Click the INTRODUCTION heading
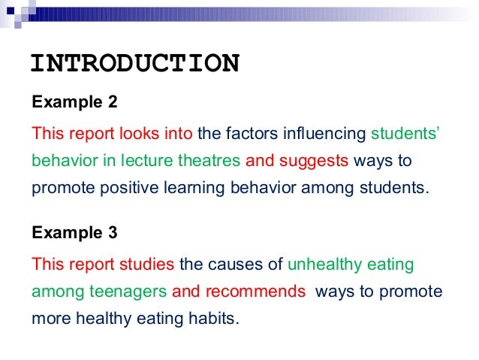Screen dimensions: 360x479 point(135,63)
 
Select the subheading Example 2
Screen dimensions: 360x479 point(74,101)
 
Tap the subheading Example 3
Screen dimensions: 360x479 point(74,232)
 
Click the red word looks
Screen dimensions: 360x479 point(139,135)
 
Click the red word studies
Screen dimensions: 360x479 point(146,265)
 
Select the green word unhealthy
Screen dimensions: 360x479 point(326,265)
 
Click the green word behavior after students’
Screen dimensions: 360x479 point(59,161)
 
